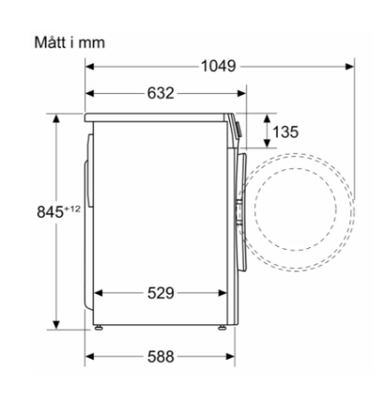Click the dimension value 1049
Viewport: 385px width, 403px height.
pyautogui.click(x=218, y=66)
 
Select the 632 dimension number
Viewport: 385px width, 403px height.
pyautogui.click(x=160, y=93)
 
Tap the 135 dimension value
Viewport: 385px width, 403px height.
pyautogui.click(x=286, y=132)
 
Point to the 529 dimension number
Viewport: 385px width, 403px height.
pyautogui.click(x=160, y=293)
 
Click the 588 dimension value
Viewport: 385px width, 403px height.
pyautogui.click(x=160, y=356)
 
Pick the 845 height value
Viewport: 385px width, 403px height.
pyautogui.click(x=50, y=212)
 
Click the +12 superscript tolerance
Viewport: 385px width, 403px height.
pyautogui.click(x=73, y=209)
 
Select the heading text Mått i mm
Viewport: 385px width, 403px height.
pyautogui.click(x=70, y=42)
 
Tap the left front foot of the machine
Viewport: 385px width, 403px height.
pyautogui.click(x=98, y=328)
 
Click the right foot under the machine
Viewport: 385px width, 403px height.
pyautogui.click(x=222, y=328)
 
